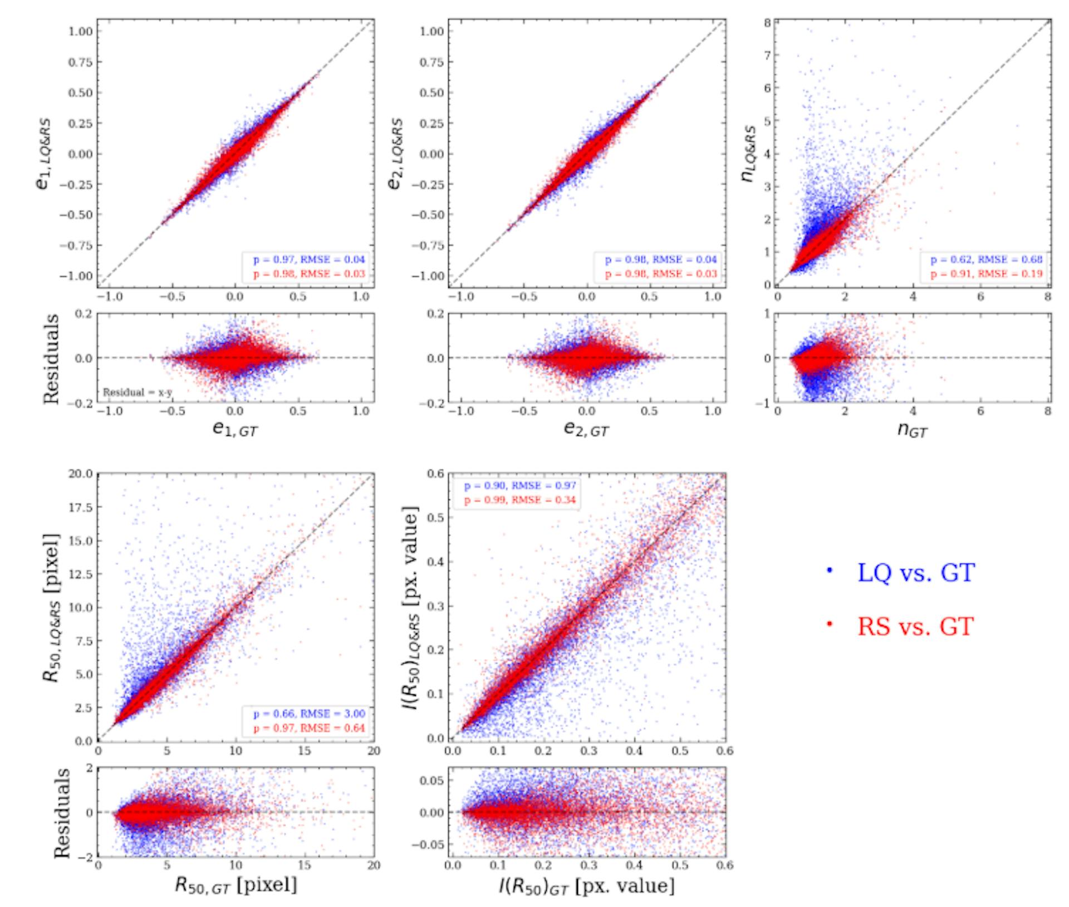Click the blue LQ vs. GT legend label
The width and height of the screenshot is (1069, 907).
[915, 572]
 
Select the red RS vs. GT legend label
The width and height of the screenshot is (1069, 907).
[915, 626]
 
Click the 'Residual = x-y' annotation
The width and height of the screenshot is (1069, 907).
[138, 393]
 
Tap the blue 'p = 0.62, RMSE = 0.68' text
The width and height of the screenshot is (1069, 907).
[986, 259]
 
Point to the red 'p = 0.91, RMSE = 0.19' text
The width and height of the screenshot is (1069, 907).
[986, 274]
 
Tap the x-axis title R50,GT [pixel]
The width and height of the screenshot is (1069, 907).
[236, 885]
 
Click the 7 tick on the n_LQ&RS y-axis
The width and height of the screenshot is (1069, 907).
[768, 55]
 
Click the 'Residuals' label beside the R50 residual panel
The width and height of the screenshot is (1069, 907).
[62, 813]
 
